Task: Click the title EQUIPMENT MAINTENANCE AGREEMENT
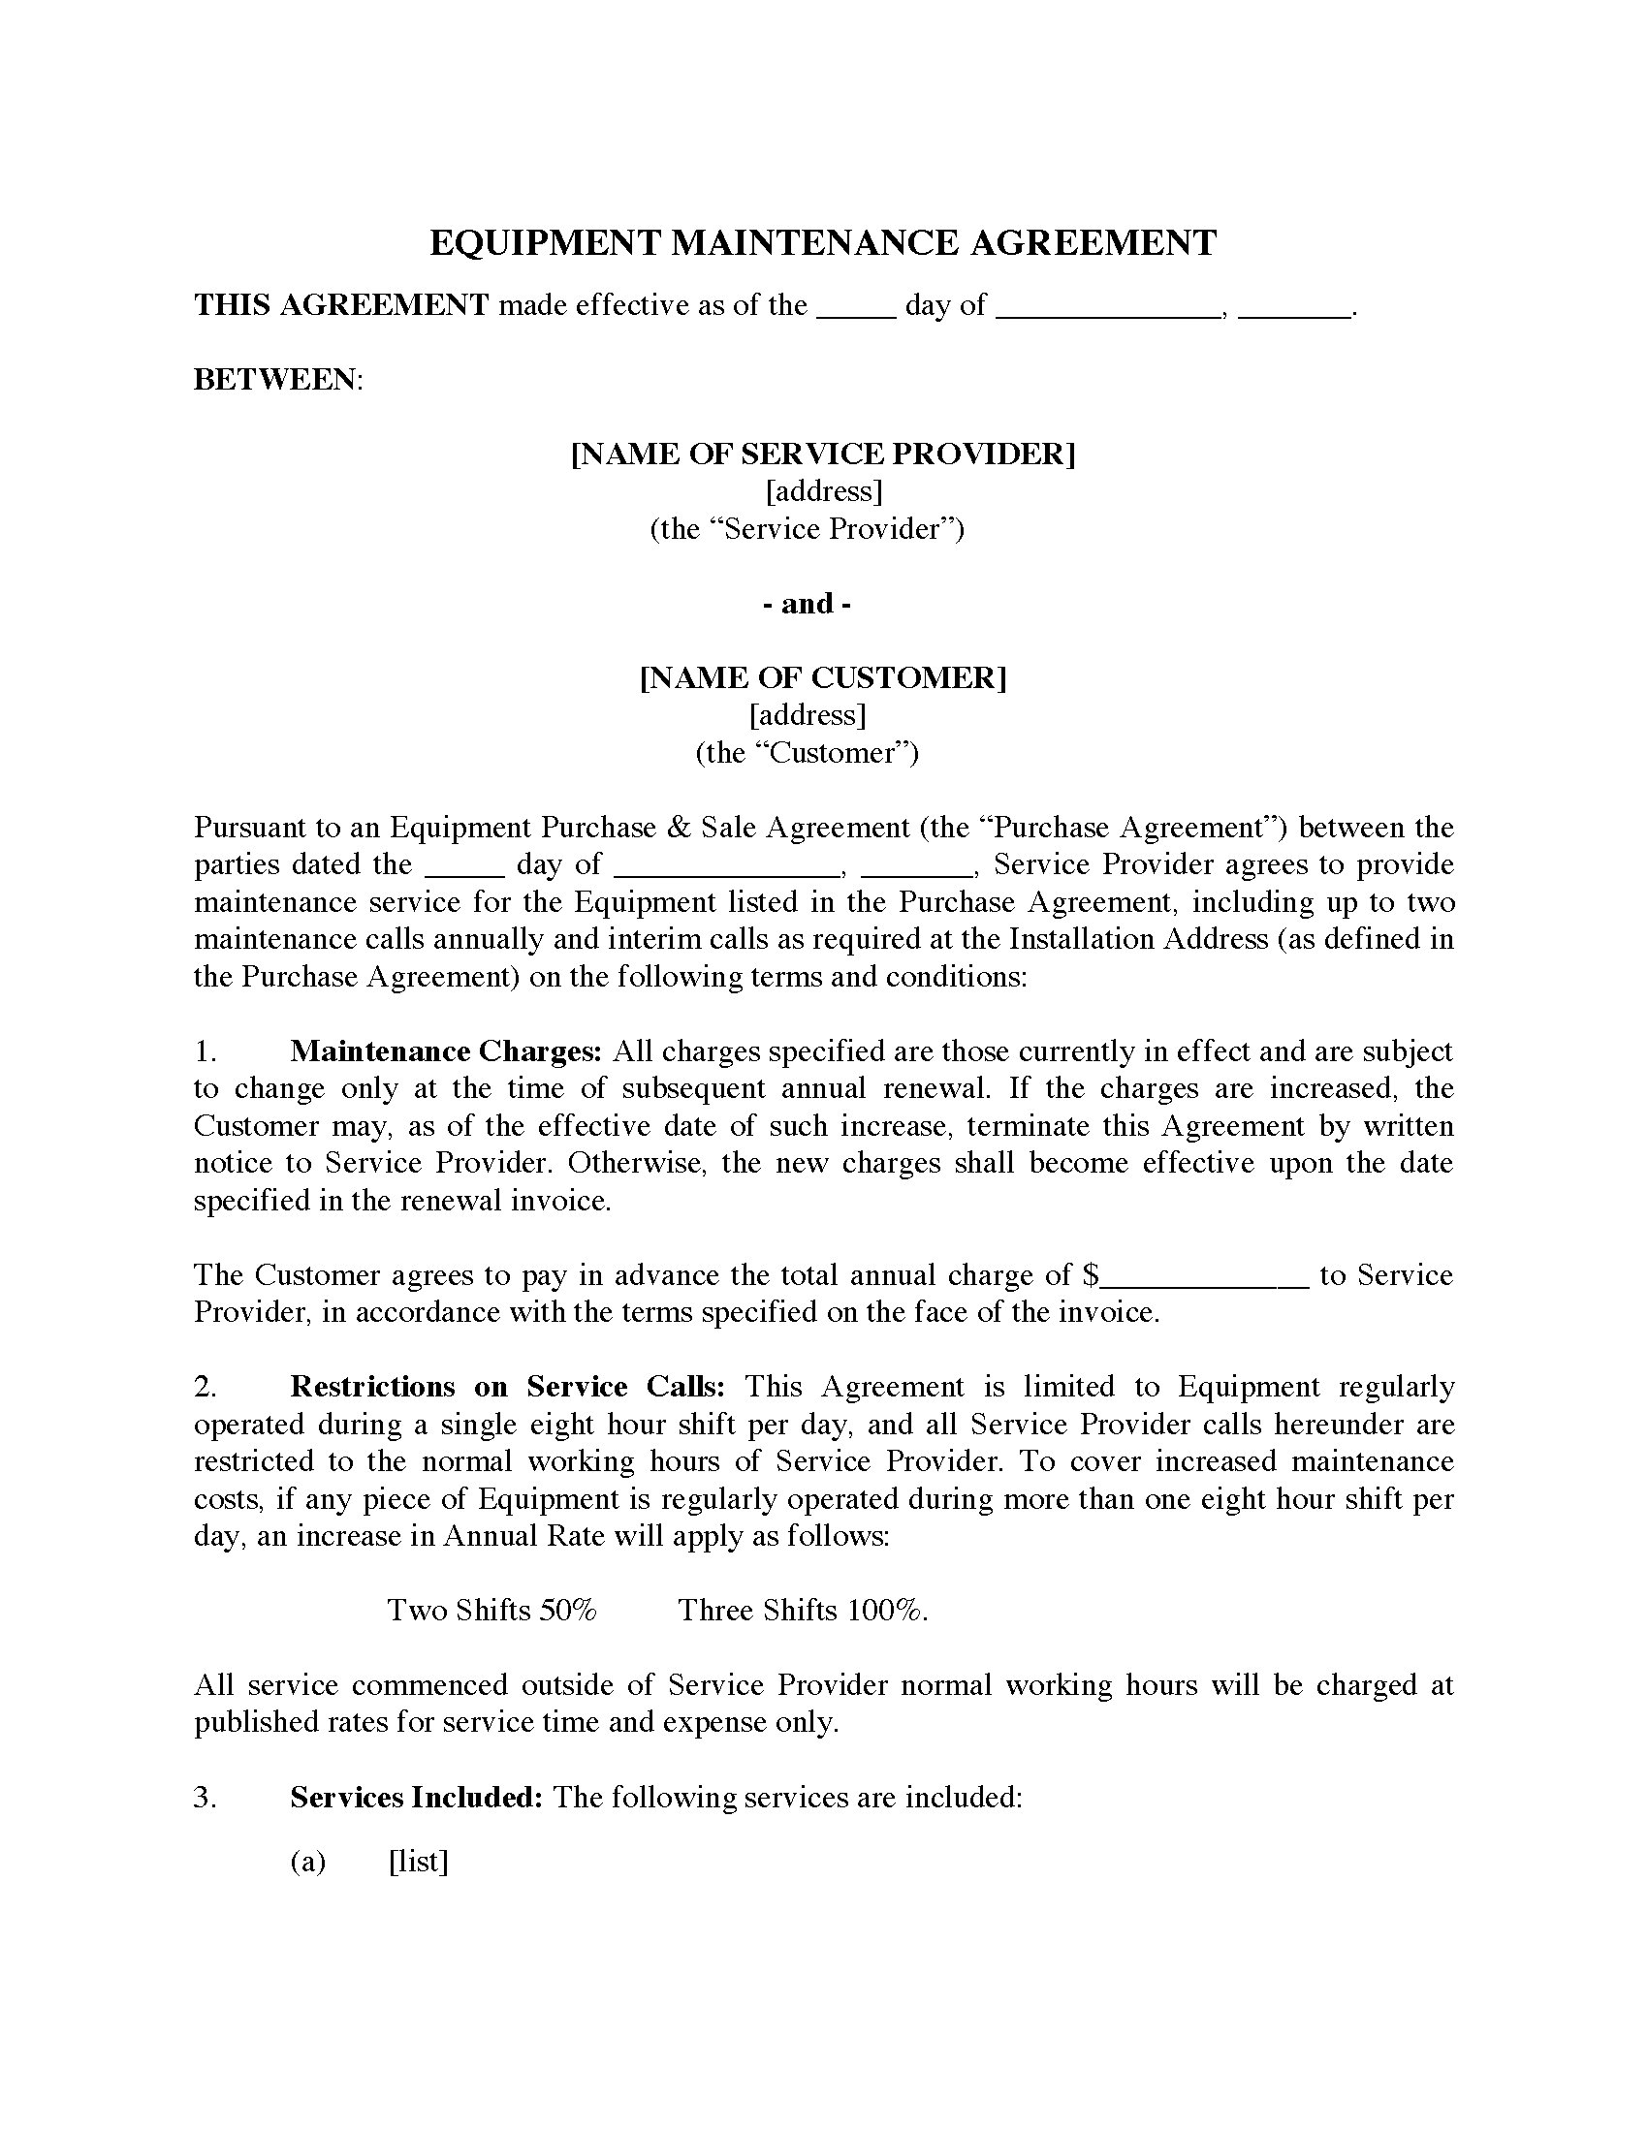823,242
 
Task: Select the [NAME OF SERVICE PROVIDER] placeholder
823,454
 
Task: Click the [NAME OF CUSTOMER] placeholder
823,677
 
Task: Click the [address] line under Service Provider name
824,491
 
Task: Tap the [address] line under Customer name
808,715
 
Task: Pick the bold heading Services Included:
416,1798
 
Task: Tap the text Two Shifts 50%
492,1611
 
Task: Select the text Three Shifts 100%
803,1611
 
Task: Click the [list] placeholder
418,1862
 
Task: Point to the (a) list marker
307,1862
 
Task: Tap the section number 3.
204,1798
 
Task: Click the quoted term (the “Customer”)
808,753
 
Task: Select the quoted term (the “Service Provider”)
808,529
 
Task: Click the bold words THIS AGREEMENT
341,305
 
